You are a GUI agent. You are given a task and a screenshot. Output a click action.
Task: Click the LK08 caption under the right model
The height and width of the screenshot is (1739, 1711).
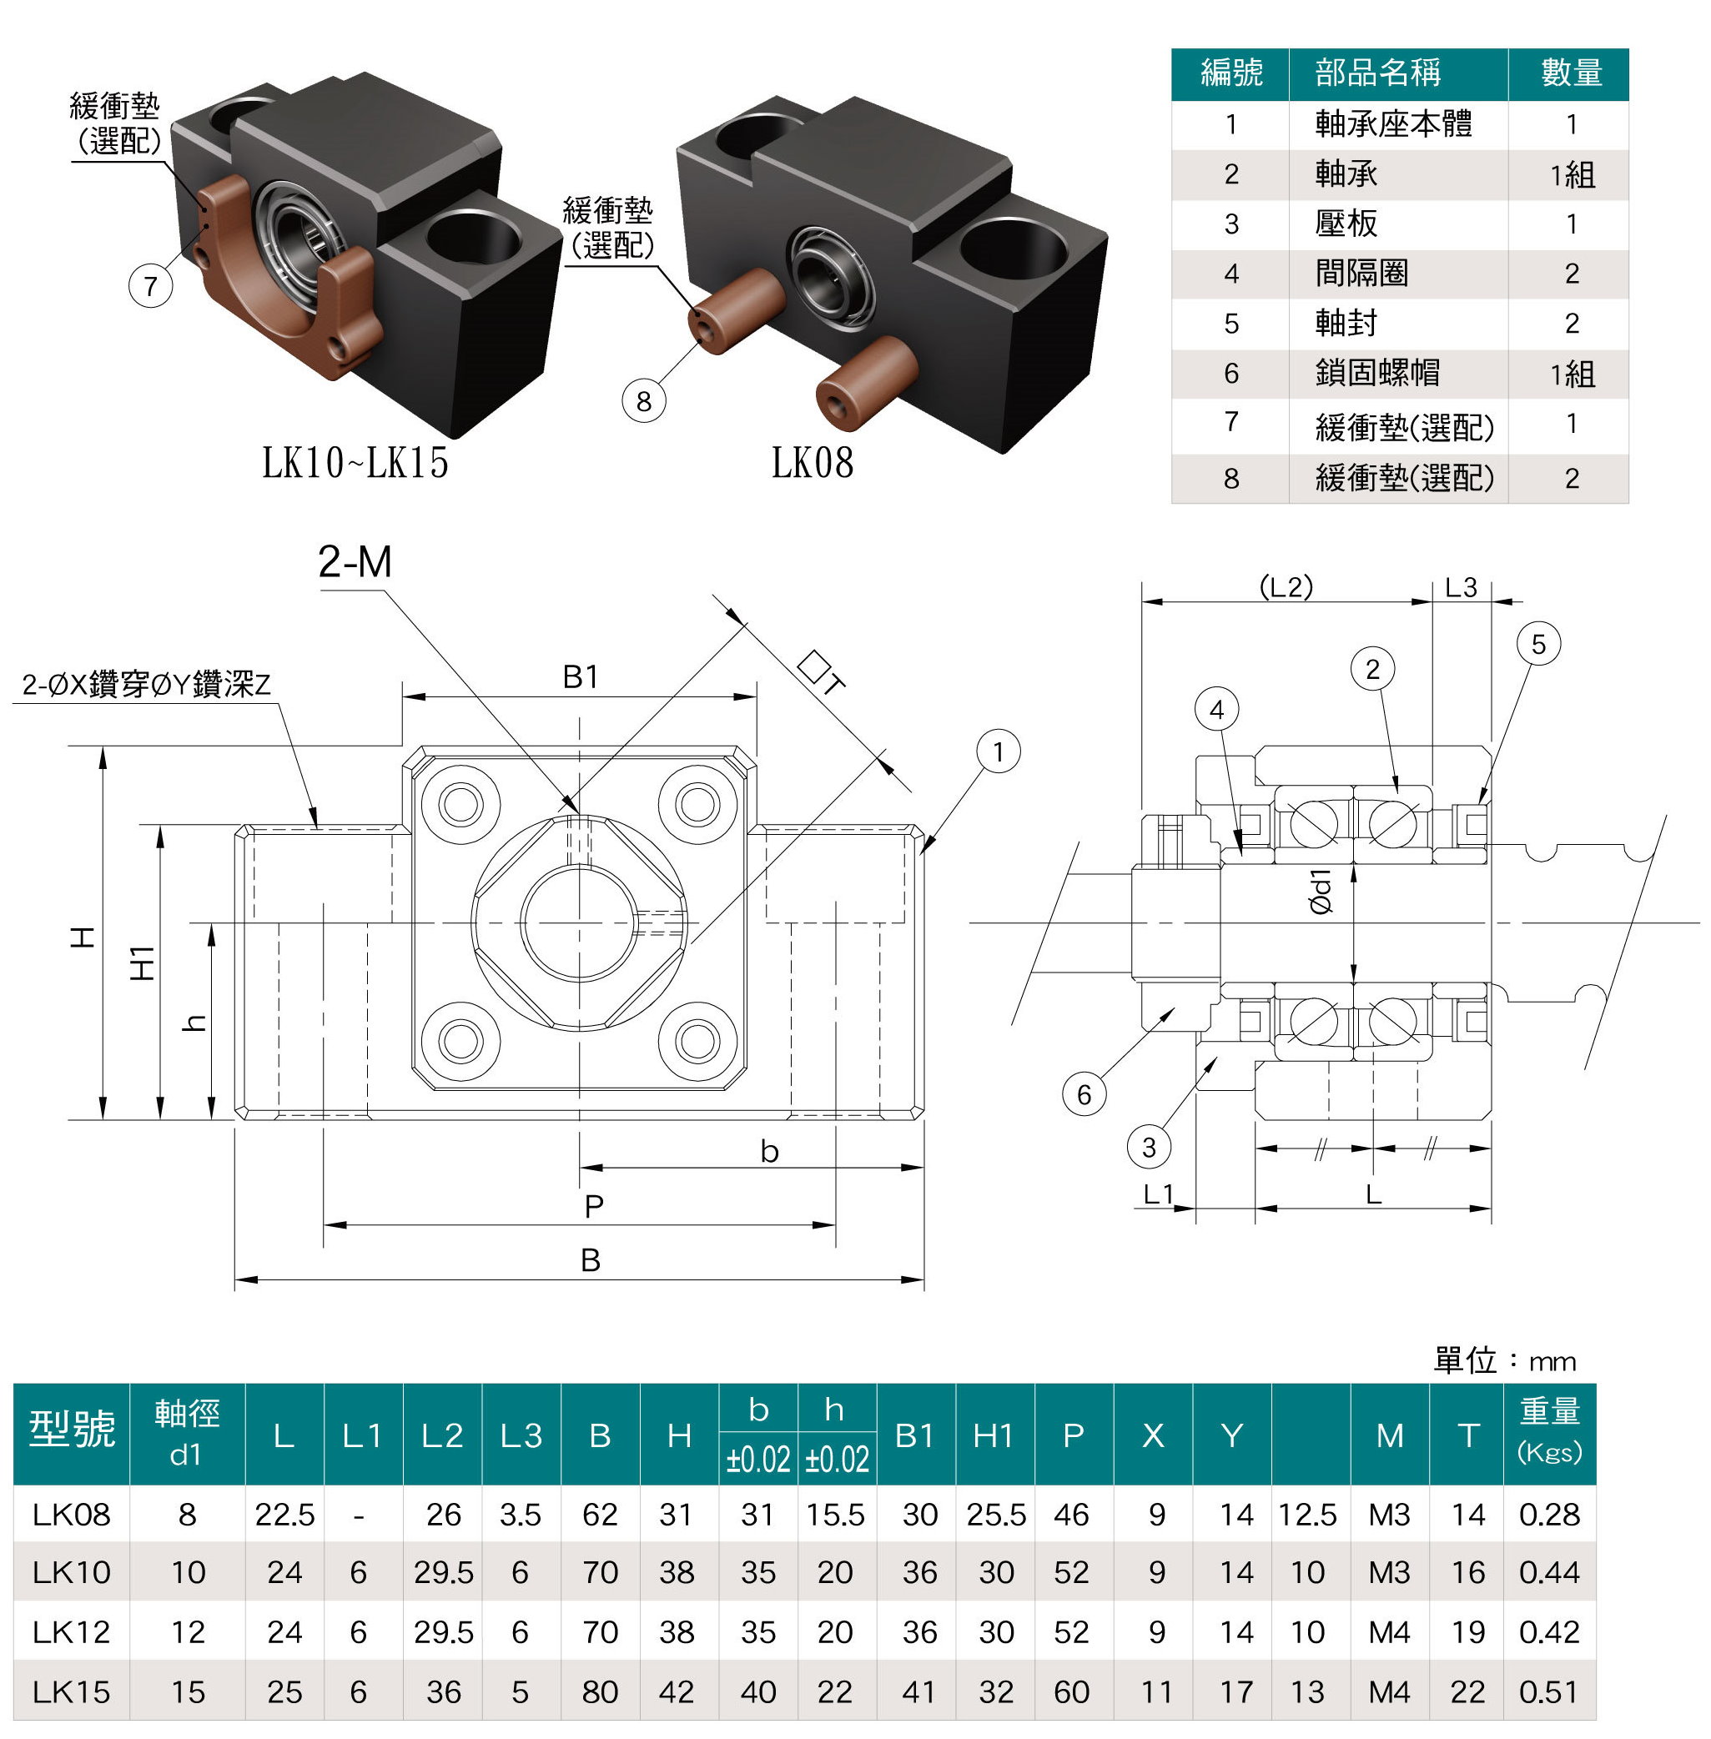(x=813, y=464)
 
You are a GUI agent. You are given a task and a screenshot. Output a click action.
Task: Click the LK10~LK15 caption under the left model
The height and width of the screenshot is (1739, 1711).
(x=355, y=464)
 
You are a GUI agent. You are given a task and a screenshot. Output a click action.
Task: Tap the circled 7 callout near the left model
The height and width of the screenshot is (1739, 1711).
(x=151, y=287)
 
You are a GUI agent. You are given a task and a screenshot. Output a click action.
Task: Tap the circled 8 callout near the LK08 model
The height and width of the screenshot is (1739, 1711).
(x=643, y=400)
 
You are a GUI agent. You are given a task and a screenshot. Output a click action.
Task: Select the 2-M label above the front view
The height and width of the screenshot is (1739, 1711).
(x=355, y=562)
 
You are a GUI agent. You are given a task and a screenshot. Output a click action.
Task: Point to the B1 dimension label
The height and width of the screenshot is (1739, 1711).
(x=581, y=676)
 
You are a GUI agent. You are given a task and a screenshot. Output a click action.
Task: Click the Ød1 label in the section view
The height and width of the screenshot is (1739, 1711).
(x=1320, y=891)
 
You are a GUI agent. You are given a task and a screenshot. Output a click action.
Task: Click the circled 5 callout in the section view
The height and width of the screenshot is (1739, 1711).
(x=1538, y=644)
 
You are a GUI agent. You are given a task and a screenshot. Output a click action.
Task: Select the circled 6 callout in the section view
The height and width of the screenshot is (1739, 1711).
(x=1084, y=1094)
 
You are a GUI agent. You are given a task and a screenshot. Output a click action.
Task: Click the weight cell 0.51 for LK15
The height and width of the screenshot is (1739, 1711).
(x=1548, y=1692)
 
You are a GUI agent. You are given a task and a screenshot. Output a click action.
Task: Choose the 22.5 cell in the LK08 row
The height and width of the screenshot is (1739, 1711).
(x=284, y=1515)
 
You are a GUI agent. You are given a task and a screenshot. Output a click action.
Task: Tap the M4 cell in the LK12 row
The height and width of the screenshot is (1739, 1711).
(x=1388, y=1632)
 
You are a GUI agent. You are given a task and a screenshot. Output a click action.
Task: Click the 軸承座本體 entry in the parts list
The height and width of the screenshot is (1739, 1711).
(x=1393, y=124)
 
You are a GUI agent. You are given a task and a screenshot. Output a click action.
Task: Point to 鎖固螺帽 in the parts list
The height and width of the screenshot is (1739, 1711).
(x=1376, y=373)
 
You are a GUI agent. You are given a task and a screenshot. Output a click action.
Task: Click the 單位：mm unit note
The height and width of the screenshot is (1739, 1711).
(x=1504, y=1362)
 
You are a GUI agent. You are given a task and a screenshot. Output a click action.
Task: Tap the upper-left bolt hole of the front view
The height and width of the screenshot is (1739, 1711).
(x=461, y=803)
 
